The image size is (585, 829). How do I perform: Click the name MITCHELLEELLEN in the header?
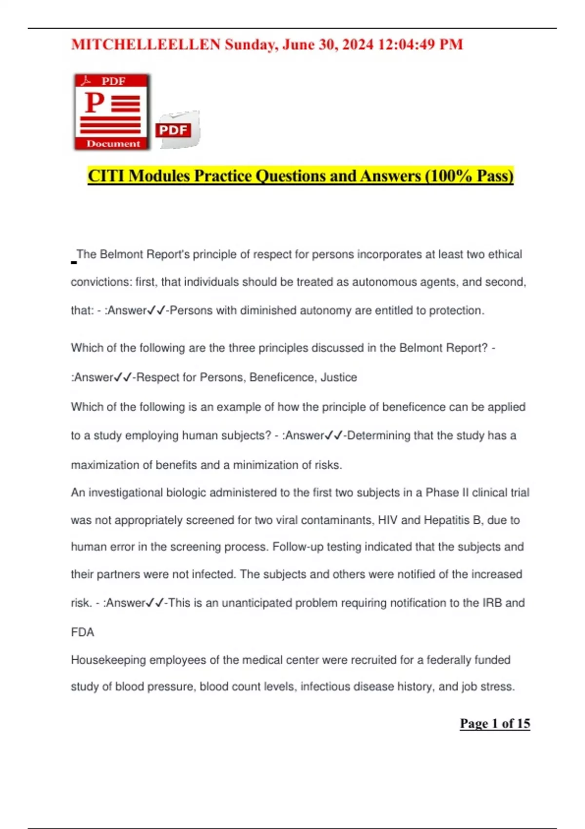(x=146, y=44)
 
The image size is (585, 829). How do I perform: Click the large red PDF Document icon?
(x=112, y=112)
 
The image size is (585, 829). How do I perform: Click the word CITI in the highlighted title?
(x=106, y=176)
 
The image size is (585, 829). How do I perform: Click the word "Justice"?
(x=338, y=377)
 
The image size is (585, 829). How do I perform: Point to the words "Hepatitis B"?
(x=452, y=520)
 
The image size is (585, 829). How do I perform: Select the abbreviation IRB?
(x=492, y=603)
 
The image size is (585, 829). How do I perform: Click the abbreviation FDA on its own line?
(x=82, y=632)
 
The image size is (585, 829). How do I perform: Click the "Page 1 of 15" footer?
(x=495, y=723)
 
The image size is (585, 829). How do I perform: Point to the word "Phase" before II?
(x=442, y=493)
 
